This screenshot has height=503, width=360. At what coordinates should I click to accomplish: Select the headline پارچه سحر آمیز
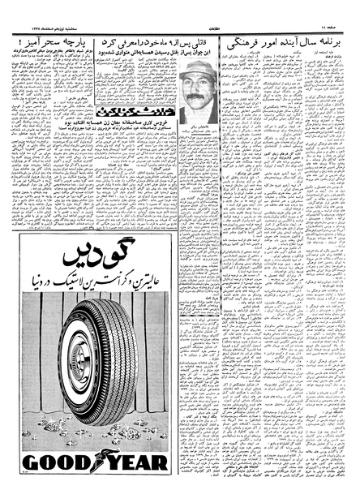48,37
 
